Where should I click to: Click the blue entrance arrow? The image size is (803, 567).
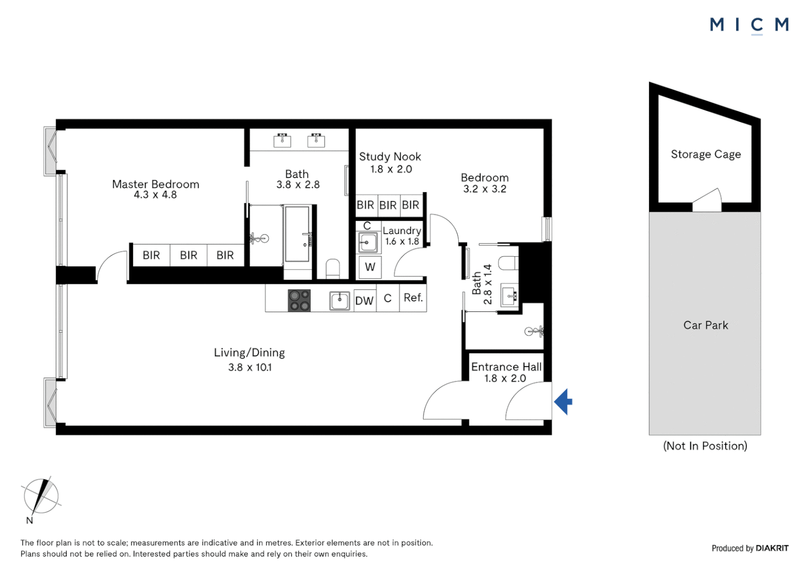(563, 402)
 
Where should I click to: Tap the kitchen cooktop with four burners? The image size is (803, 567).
(299, 300)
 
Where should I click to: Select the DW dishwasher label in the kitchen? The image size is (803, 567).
(364, 301)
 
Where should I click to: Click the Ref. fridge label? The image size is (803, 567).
(414, 297)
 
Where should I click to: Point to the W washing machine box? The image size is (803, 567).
(370, 267)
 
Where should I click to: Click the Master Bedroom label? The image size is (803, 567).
(156, 184)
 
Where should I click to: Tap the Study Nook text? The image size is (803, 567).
(390, 156)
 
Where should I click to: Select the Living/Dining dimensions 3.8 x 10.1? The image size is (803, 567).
(250, 367)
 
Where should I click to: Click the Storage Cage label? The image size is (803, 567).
(706, 154)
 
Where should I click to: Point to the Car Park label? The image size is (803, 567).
(706, 325)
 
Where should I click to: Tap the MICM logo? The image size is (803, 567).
(749, 25)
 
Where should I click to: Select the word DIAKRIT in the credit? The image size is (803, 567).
(772, 548)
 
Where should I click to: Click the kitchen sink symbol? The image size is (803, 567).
(339, 301)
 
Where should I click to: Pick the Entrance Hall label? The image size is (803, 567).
(506, 367)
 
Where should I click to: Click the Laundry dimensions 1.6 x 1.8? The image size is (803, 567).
(402, 241)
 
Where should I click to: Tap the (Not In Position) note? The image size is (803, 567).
(705, 446)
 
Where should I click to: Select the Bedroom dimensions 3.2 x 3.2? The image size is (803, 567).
(485, 189)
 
